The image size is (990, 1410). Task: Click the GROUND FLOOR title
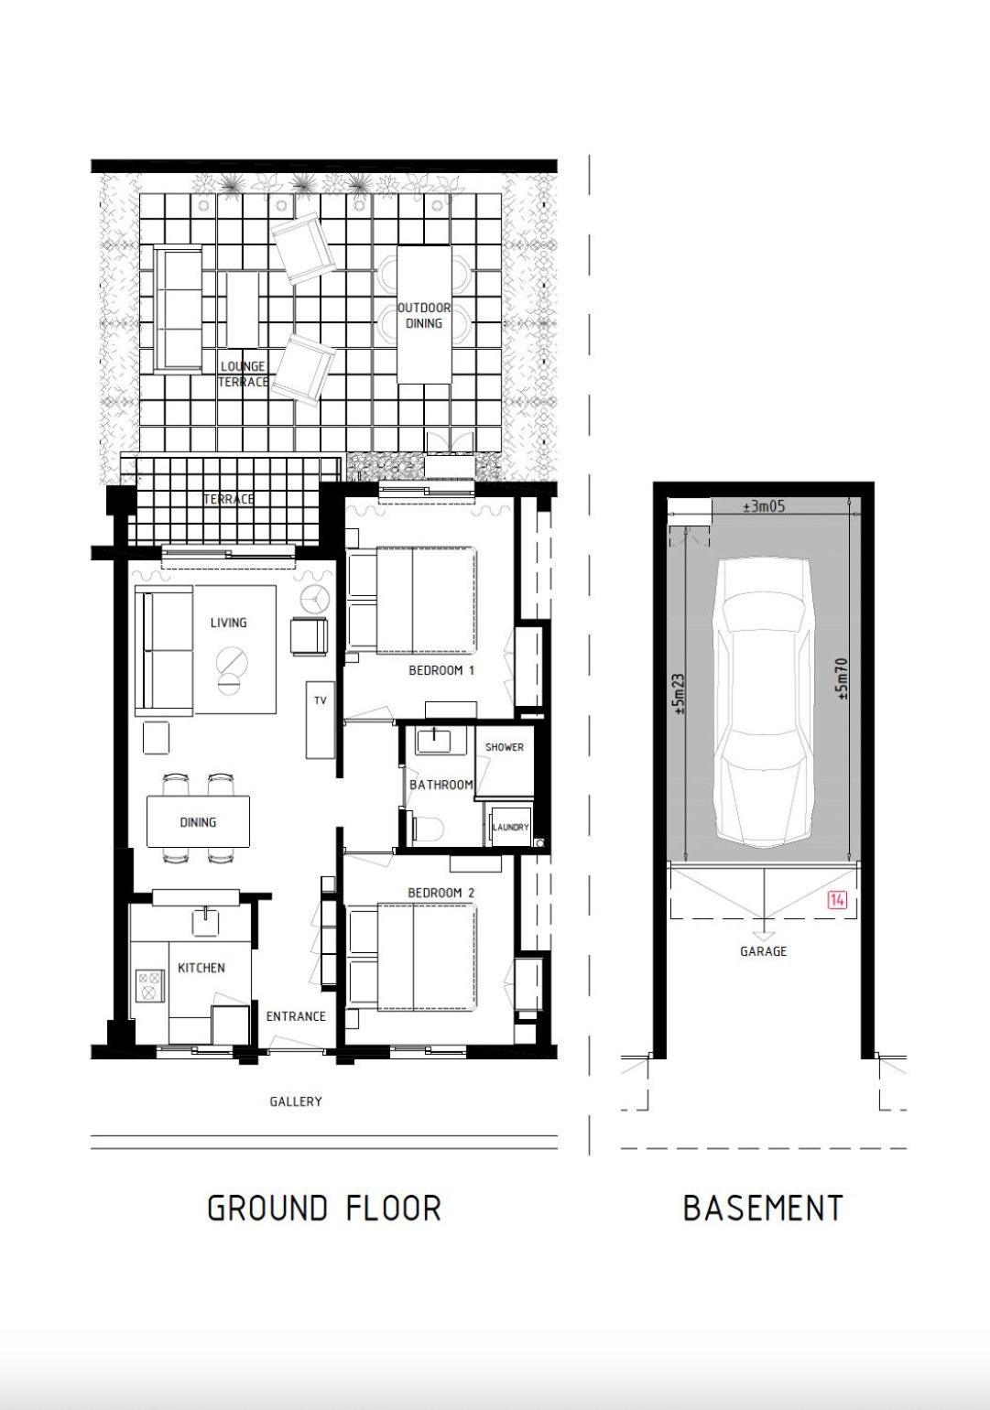(x=324, y=1208)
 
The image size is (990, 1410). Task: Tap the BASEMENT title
(x=763, y=1208)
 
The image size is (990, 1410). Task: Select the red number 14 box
(x=838, y=900)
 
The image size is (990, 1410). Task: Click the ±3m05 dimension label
(x=764, y=506)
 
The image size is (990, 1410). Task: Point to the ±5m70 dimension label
(x=843, y=678)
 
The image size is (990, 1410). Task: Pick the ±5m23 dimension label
(x=679, y=694)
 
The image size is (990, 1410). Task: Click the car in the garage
(x=764, y=702)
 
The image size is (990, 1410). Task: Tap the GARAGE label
(x=763, y=951)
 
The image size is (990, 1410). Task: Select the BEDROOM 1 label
(x=441, y=670)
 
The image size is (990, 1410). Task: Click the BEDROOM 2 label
(x=441, y=893)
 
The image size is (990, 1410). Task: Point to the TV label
(x=321, y=700)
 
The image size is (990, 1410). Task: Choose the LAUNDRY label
(x=510, y=827)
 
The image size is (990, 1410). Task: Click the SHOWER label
(x=505, y=747)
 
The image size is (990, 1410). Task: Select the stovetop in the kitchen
(x=150, y=986)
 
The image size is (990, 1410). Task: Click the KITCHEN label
(x=201, y=968)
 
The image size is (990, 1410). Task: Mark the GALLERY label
(x=296, y=1101)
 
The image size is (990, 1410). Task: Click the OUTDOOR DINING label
(x=424, y=315)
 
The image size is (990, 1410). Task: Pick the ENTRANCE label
(x=296, y=1016)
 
